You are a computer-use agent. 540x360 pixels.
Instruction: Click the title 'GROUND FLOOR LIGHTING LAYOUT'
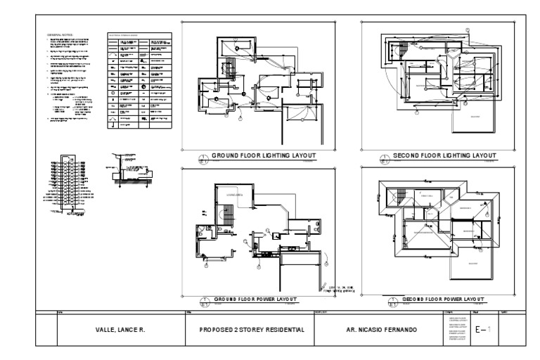(263, 156)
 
